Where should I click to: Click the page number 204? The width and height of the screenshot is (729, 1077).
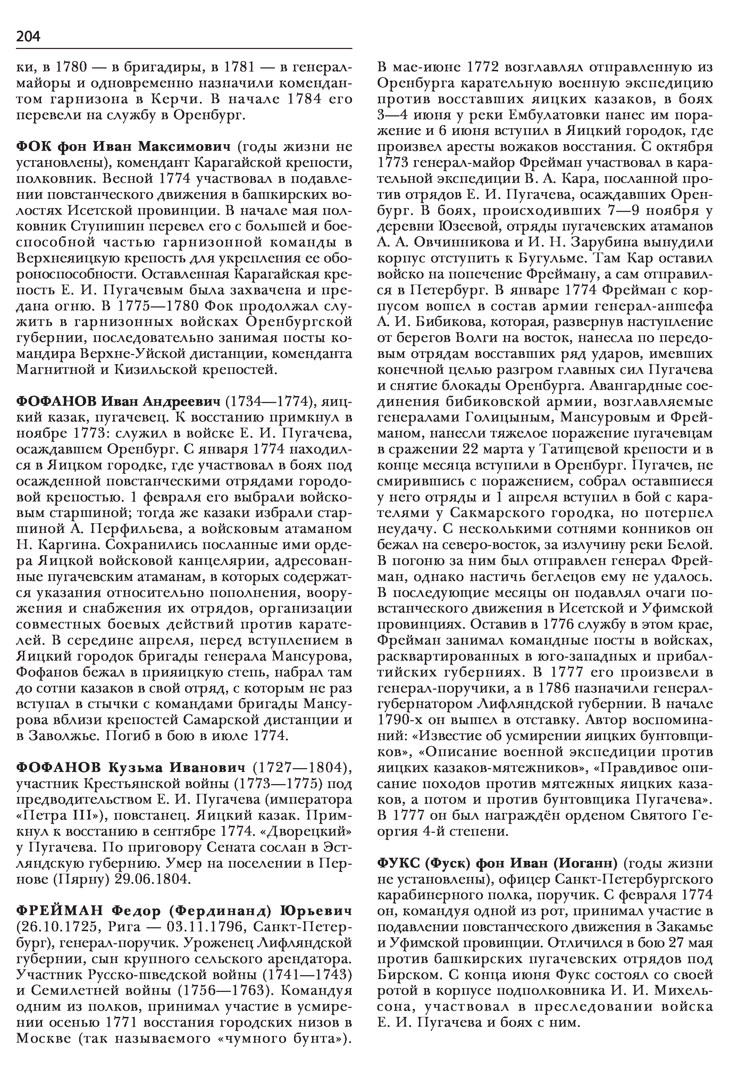28,36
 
